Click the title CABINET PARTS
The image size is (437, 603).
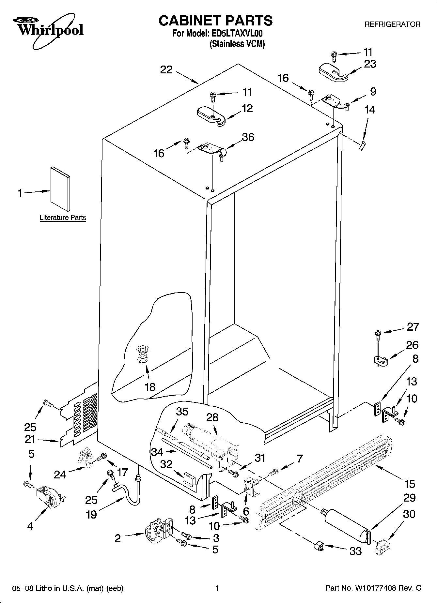[x=215, y=21]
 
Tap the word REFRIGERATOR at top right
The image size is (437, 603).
[x=392, y=24]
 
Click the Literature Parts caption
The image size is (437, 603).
[x=63, y=218]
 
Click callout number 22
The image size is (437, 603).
[x=166, y=70]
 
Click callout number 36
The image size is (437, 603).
[x=248, y=137]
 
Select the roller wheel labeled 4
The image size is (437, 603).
[x=48, y=498]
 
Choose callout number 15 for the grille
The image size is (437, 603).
[x=410, y=484]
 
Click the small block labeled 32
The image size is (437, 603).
[x=189, y=479]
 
